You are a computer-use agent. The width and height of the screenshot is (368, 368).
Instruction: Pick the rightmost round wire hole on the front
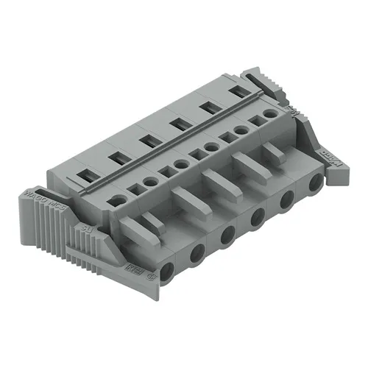(x=316, y=184)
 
